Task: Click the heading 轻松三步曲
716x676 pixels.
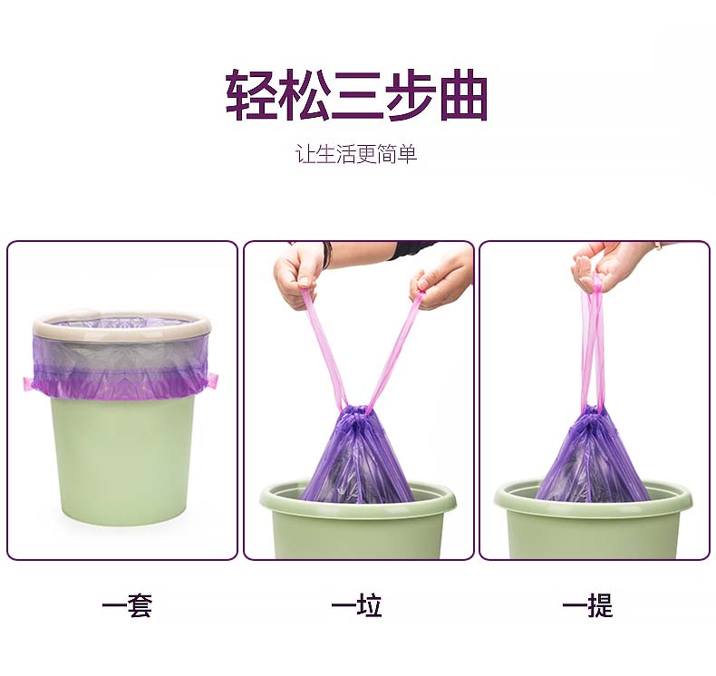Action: pos(357,95)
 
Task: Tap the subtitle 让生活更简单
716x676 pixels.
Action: pos(356,154)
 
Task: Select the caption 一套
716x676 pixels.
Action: pos(127,605)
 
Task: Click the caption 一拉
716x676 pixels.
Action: pos(356,605)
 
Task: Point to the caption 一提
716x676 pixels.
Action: pos(587,605)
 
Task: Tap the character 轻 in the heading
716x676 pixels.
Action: pos(251,95)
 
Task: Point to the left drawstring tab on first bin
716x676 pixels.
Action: pos(29,383)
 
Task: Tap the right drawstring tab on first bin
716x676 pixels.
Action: pos(213,381)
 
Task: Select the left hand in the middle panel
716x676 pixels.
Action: pos(297,274)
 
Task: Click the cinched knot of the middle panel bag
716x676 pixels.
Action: pos(357,413)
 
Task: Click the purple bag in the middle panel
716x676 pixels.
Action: pos(357,457)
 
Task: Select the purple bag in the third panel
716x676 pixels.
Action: pos(592,457)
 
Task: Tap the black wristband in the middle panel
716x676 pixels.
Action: pos(326,255)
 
